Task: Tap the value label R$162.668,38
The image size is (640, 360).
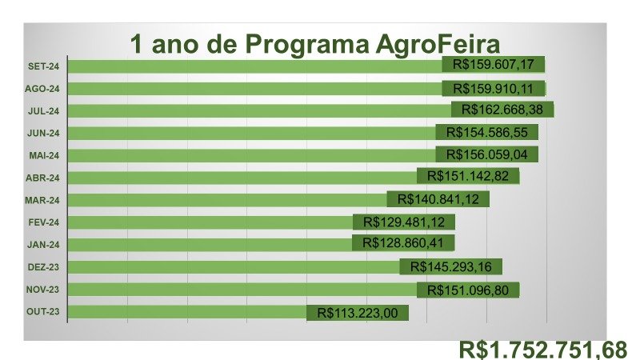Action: (502, 110)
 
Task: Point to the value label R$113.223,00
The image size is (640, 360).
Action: (358, 313)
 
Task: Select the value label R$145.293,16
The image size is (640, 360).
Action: (451, 266)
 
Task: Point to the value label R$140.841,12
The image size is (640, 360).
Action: (438, 199)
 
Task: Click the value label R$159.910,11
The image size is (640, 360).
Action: (494, 88)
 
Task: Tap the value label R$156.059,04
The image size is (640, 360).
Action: (487, 154)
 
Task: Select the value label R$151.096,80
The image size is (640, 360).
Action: (468, 289)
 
